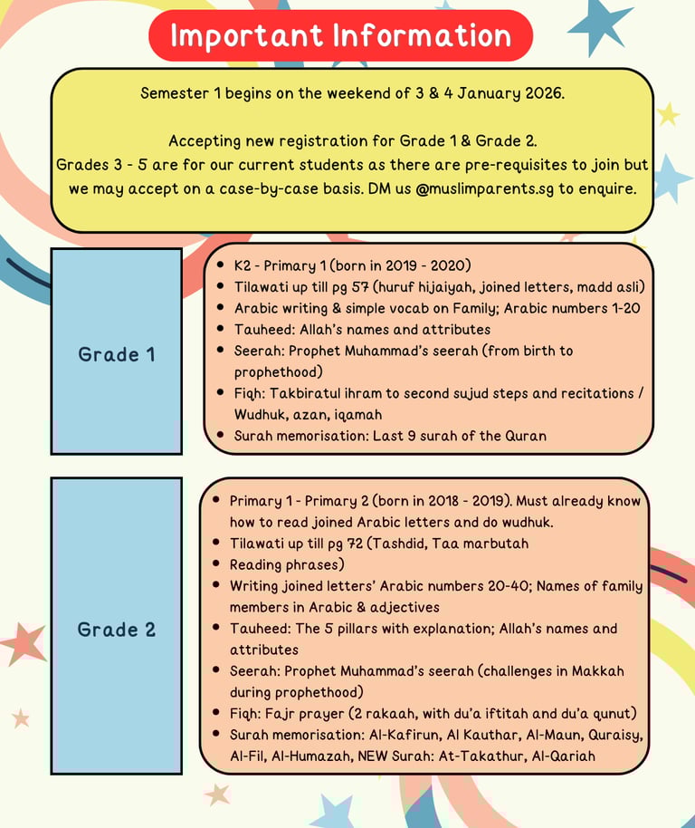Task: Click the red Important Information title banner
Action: click(340, 35)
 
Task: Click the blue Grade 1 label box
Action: click(116, 353)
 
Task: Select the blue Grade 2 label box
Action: click(116, 629)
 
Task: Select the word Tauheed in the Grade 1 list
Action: click(263, 329)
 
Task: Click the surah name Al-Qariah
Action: click(562, 756)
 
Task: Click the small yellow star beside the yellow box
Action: click(668, 114)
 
